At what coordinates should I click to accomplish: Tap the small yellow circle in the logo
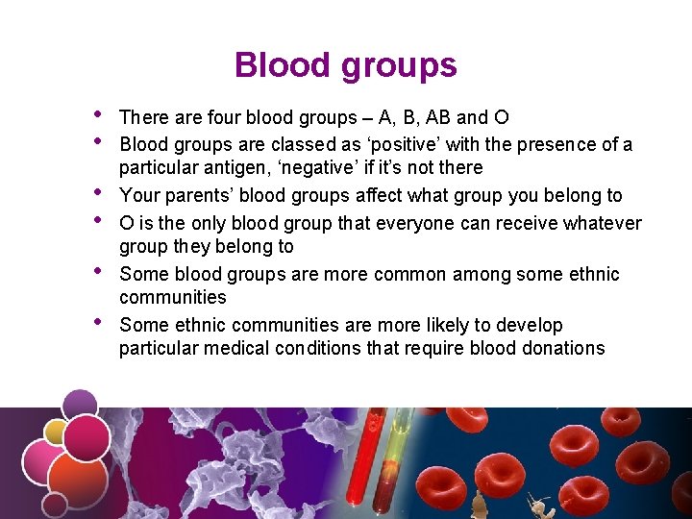pos(56,432)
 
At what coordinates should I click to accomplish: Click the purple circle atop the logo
pos(80,405)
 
